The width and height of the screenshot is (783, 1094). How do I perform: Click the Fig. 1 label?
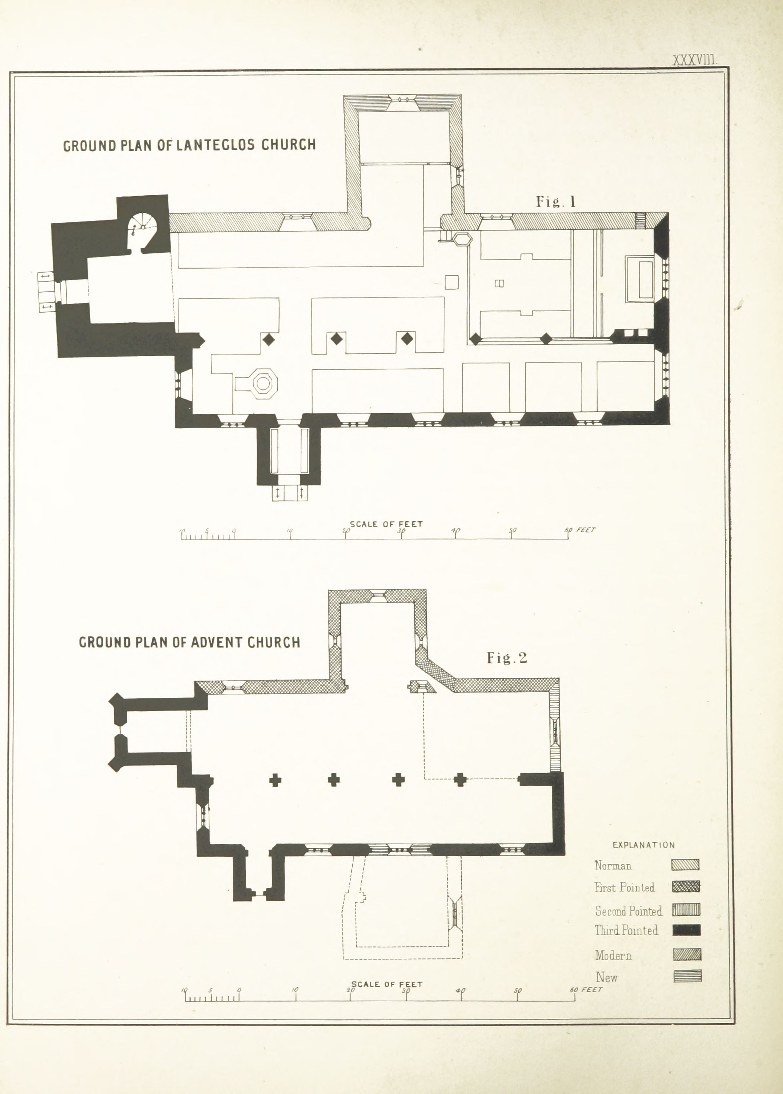(x=556, y=201)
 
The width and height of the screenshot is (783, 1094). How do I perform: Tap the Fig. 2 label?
(x=507, y=658)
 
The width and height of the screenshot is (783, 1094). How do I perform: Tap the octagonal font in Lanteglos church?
(x=263, y=383)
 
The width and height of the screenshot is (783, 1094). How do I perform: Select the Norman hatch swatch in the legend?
(x=685, y=865)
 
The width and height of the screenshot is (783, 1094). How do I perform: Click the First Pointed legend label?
(x=625, y=887)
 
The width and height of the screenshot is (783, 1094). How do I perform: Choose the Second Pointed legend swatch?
(x=686, y=910)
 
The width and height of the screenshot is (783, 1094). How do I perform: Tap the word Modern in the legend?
(x=613, y=955)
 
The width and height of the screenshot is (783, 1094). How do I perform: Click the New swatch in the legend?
(x=687, y=976)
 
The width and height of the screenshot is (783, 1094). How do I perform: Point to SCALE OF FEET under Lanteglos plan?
(x=386, y=524)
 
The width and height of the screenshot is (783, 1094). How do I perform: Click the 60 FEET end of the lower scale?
(x=586, y=990)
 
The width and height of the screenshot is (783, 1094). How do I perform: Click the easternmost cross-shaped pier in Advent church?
(x=460, y=780)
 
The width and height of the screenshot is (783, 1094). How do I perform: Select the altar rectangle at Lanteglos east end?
(x=639, y=279)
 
